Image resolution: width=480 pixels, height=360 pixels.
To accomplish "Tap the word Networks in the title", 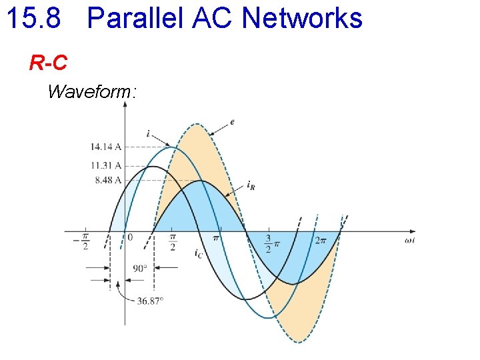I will (x=302, y=18).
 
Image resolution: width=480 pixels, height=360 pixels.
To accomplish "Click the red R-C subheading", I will (x=48, y=63).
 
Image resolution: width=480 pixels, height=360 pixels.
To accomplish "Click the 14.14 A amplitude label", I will (x=106, y=147).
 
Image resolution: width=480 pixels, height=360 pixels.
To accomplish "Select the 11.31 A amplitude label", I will (x=106, y=165).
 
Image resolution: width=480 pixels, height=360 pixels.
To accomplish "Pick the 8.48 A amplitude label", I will (x=108, y=180).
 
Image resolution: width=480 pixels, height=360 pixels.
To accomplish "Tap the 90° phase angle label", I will (x=140, y=269).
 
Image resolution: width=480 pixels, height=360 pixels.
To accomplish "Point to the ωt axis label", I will (x=409, y=239).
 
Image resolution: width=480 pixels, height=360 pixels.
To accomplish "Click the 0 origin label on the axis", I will (x=130, y=237).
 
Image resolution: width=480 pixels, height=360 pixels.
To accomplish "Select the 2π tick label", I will (x=320, y=240).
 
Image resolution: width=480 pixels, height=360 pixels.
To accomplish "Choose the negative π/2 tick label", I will (x=84, y=241).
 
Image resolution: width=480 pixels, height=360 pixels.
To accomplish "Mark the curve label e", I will (x=232, y=122).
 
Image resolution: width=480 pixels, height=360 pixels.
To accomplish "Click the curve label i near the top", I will (x=147, y=133).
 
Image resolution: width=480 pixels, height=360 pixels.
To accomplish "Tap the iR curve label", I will (x=251, y=185).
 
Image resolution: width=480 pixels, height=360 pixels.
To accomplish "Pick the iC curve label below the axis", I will (x=199, y=253).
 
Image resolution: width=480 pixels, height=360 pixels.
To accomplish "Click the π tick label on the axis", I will (x=215, y=238).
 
